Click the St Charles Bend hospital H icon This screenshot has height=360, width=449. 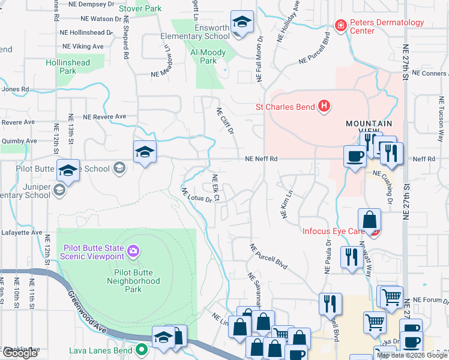[324, 107]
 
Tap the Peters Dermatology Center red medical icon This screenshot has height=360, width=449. [340, 26]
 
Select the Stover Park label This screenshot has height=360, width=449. [140, 9]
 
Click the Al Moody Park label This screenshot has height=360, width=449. [208, 57]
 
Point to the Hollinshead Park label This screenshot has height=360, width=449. [67, 67]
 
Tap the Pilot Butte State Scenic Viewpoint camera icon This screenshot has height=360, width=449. [133, 250]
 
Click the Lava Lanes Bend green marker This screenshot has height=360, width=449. [142, 349]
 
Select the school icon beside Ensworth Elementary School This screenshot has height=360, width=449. [241, 24]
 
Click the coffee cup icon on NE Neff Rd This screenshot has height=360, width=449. [354, 156]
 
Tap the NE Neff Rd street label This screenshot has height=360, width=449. [261, 159]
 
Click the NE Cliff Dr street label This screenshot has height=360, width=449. [223, 120]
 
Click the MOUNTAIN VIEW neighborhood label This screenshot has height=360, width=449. [369, 128]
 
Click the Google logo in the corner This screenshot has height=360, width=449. [20, 353]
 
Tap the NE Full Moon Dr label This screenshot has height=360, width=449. [260, 59]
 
